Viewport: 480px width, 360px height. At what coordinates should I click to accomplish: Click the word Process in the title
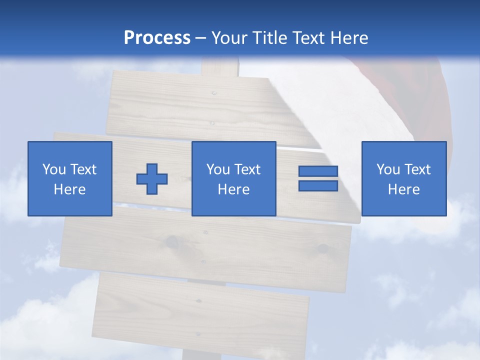[157, 38]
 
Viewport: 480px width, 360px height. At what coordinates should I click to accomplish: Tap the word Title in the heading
[270, 38]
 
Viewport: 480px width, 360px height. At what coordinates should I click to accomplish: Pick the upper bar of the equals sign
[318, 171]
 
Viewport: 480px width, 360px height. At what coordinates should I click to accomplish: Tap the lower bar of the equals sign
[318, 185]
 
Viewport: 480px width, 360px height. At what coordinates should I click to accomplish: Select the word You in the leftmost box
[53, 169]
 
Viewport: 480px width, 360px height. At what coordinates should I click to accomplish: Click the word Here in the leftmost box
[69, 189]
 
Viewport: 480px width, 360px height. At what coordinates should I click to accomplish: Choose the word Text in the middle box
[247, 169]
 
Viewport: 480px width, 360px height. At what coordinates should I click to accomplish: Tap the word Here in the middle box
[233, 189]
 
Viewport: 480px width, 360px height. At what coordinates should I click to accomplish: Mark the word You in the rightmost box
[387, 169]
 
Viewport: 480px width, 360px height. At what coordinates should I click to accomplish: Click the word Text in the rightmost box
[417, 169]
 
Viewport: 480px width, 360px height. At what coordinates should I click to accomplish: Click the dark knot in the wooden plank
[172, 242]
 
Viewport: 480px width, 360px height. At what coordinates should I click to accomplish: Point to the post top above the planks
[220, 67]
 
